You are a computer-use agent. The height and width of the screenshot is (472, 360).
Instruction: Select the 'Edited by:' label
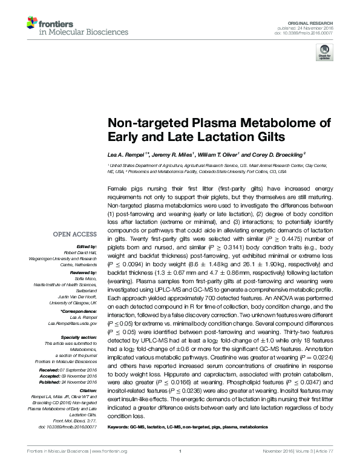pos(87,247)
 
